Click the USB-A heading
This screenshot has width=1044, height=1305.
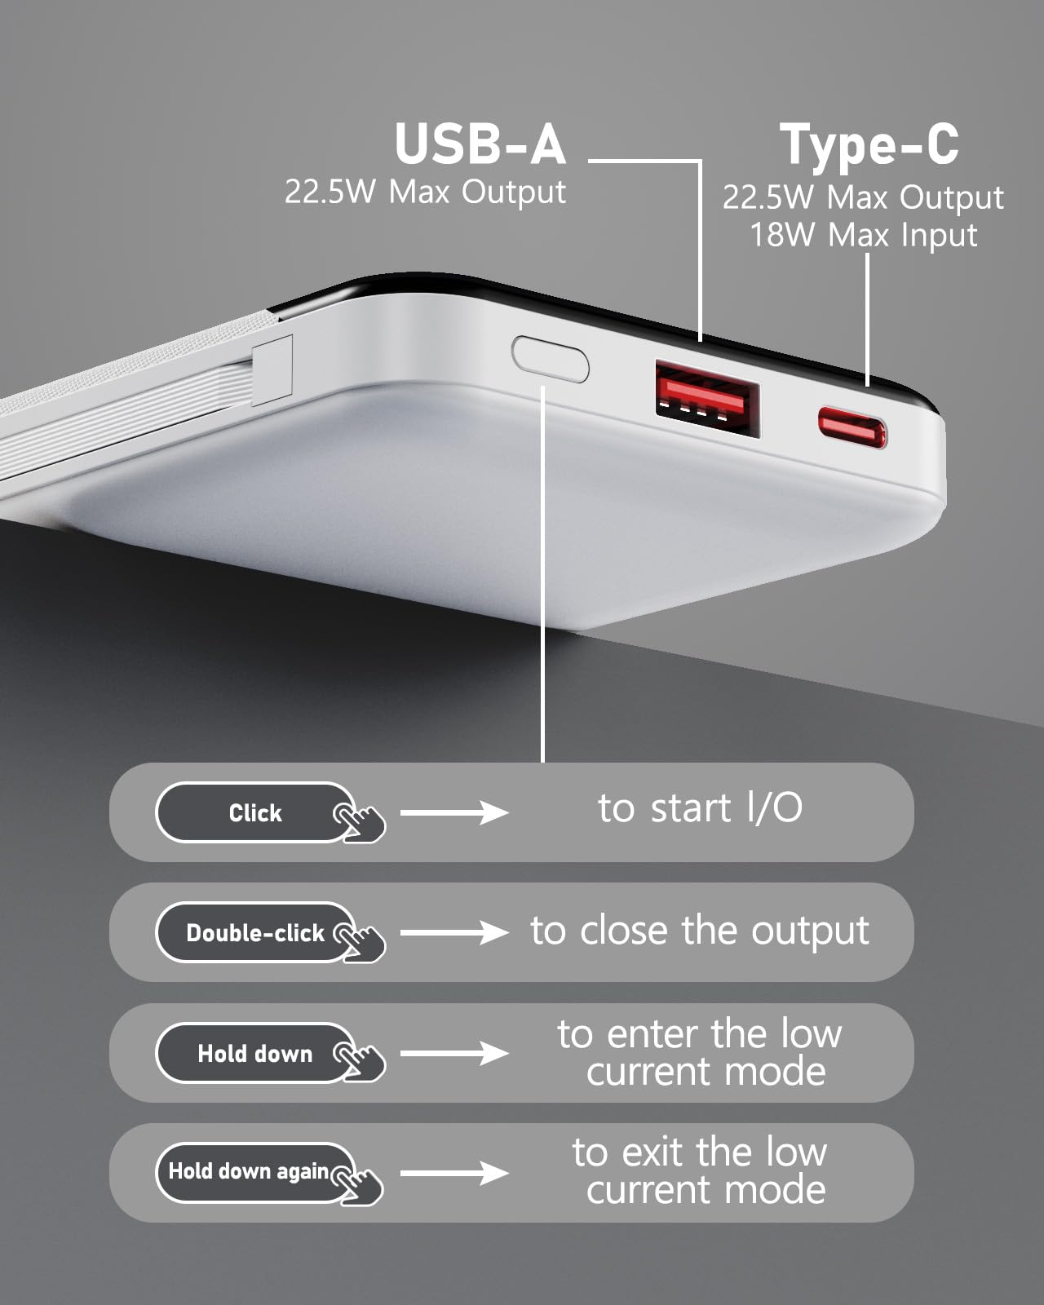pyautogui.click(x=480, y=144)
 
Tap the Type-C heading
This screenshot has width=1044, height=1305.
pyautogui.click(x=869, y=145)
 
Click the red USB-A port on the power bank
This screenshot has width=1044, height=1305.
pyautogui.click(x=707, y=398)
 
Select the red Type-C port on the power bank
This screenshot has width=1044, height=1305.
pyautogui.click(x=852, y=427)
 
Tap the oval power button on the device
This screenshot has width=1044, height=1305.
pyautogui.click(x=551, y=359)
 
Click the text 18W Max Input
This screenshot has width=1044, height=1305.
pyautogui.click(x=863, y=235)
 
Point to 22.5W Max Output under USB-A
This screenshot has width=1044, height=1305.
pyautogui.click(x=425, y=192)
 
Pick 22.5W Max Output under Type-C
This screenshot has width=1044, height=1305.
pyautogui.click(x=863, y=197)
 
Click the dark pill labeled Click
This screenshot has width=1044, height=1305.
pyautogui.click(x=255, y=812)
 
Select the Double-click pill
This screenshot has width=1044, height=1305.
pyautogui.click(x=255, y=932)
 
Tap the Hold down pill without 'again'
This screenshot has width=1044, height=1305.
pyautogui.click(x=255, y=1053)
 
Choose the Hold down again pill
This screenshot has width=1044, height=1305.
pyautogui.click(x=255, y=1173)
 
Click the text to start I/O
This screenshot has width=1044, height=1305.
pyautogui.click(x=700, y=808)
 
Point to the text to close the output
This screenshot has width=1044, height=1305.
pyautogui.click(x=700, y=931)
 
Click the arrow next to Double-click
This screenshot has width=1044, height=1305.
pyautogui.click(x=453, y=932)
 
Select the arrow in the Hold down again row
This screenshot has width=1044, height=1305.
pyautogui.click(x=453, y=1174)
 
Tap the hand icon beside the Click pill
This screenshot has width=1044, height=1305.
pyautogui.click(x=359, y=822)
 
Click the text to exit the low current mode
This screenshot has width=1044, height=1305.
pyautogui.click(x=701, y=1171)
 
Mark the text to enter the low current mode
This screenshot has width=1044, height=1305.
pyautogui.click(x=701, y=1053)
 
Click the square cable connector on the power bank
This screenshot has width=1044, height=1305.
pyautogui.click(x=272, y=370)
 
